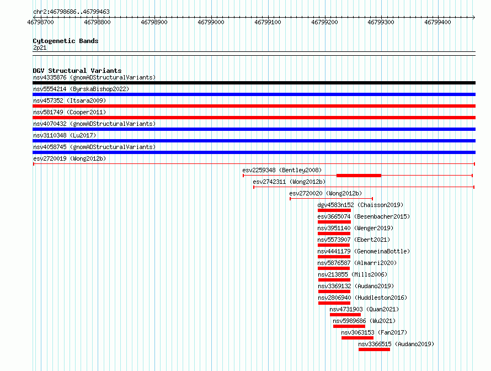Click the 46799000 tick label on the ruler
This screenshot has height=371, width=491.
tap(211, 22)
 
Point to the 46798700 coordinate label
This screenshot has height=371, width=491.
tap(40, 22)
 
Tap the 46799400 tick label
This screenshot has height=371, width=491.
tap(437, 22)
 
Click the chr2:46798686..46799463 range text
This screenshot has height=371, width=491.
tap(71, 12)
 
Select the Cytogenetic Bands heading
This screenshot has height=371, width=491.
tap(66, 41)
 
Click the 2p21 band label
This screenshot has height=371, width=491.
tap(40, 47)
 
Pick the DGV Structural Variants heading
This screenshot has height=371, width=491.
tap(77, 71)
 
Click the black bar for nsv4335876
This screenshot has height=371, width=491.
tap(254, 83)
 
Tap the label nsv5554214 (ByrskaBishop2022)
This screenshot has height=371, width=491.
tap(81, 89)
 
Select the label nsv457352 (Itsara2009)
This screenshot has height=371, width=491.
tap(70, 100)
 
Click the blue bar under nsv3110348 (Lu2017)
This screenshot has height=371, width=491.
tap(254, 141)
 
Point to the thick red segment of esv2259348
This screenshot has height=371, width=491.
tap(359, 176)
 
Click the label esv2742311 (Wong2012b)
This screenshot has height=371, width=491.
tap(289, 182)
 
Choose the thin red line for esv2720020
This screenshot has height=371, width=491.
tap(332, 199)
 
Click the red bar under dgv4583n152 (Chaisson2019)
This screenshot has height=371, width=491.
tap(334, 210)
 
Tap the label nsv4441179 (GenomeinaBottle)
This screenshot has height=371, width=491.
tap(364, 251)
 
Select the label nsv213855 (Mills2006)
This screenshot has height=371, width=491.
tap(353, 274)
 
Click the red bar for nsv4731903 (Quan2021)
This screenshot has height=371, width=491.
tap(345, 315)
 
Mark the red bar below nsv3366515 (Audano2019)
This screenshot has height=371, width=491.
tap(374, 349)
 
